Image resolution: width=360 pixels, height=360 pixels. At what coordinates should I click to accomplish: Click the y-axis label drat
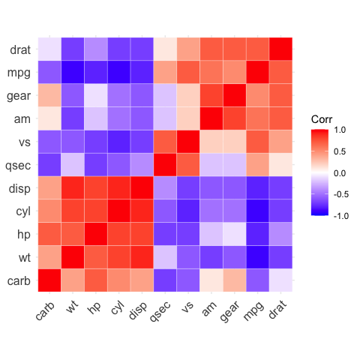tap(20, 51)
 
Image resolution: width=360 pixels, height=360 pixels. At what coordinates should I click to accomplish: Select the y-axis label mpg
tap(19, 74)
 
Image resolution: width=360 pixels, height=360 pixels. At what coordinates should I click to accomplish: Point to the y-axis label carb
tap(19, 281)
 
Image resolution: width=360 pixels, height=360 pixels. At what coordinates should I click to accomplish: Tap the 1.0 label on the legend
tap(339, 130)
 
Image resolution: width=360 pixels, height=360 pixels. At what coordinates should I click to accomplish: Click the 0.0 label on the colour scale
tap(339, 172)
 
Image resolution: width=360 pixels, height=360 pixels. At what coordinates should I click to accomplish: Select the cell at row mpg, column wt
tap(73, 73)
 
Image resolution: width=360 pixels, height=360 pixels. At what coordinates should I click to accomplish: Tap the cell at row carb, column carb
tap(49, 280)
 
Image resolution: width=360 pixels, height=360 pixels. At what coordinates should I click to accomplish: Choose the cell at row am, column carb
tap(49, 118)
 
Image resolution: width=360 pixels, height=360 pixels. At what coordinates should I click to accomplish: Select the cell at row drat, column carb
tap(49, 49)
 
